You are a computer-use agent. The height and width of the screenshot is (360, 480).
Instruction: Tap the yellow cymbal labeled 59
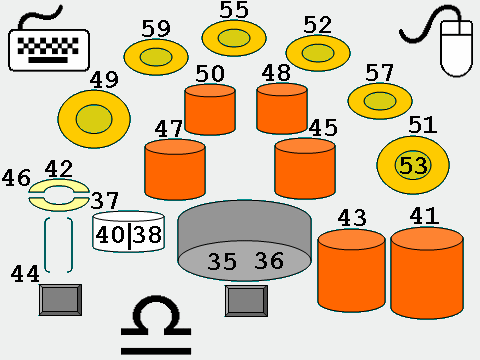pos(156,57)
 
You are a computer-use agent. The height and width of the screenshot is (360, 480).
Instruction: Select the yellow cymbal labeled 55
pos(234,38)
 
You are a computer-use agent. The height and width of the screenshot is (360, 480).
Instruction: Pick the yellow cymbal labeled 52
pos(318,53)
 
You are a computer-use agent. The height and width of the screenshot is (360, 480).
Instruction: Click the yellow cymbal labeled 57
pos(380,101)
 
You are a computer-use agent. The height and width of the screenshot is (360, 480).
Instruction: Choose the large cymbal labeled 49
pos(94,119)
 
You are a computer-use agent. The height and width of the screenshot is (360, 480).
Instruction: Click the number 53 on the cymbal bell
pos(413,165)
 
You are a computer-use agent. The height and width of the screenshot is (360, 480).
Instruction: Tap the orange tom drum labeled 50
pos(210,110)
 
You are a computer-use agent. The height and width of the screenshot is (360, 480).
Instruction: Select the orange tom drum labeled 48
pos(282,108)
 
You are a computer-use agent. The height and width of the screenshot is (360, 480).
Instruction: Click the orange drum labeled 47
pos(175,170)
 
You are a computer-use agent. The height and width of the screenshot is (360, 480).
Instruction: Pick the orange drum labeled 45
pos(305,169)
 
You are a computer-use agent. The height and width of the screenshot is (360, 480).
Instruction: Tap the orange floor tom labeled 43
pos(352,271)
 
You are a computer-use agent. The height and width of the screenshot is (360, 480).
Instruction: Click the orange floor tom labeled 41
pos(427,273)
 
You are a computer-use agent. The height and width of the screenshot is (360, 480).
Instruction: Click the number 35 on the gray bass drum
pos(222,262)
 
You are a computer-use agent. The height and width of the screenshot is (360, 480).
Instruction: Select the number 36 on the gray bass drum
pos(269,261)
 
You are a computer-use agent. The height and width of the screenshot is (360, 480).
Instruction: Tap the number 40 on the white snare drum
pos(110,235)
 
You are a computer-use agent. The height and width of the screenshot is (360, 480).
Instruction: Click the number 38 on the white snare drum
pos(147,234)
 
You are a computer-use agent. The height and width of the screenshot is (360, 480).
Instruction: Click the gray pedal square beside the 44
pos(60,300)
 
